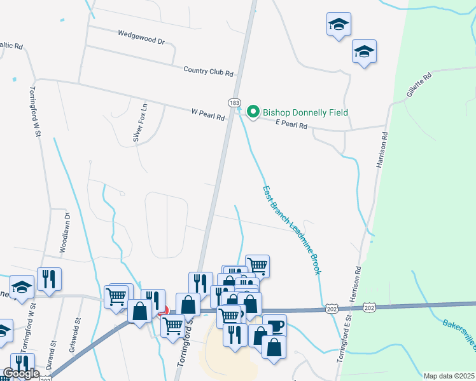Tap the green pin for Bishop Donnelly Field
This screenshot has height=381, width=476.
tap(253, 112)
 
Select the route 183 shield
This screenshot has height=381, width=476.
tap(234, 102)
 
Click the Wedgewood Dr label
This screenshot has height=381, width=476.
tap(141, 37)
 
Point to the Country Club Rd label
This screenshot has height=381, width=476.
tap(208, 71)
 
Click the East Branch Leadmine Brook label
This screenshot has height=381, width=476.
tap(291, 229)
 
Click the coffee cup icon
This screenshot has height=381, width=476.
tap(275, 326)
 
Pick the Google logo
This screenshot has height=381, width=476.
tap(21, 374)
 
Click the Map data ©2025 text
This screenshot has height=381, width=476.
tap(449, 376)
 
